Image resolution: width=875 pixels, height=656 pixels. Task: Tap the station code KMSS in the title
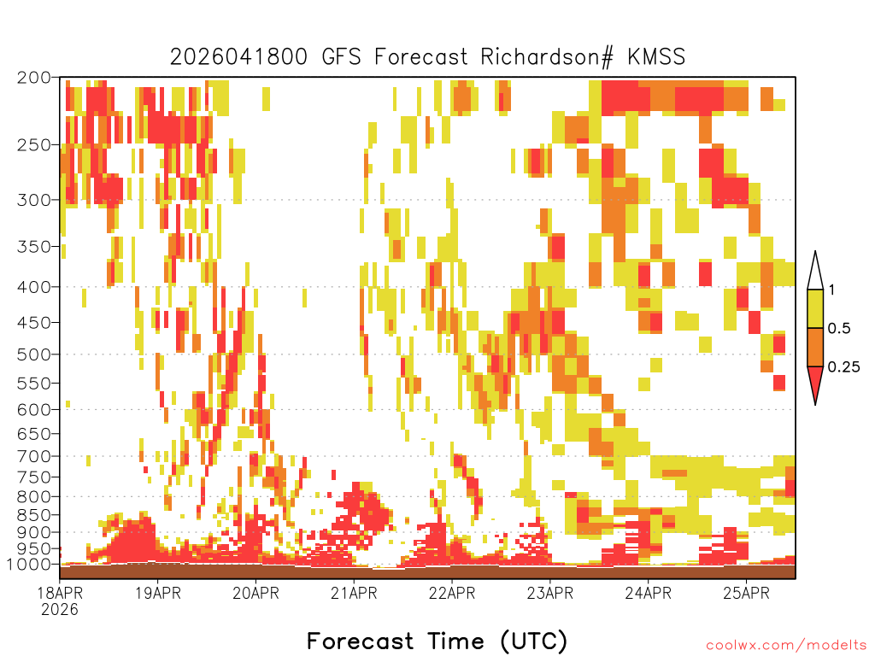[656, 57]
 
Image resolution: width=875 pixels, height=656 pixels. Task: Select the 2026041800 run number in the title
[238, 57]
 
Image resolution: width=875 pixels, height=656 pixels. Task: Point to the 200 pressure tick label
[33, 78]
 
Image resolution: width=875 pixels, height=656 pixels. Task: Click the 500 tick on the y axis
[33, 354]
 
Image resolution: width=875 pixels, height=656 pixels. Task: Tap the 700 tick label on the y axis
[33, 456]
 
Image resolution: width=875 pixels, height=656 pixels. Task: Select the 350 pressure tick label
[33, 246]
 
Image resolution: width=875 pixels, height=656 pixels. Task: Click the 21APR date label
[354, 593]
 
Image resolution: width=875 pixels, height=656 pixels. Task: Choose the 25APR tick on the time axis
[746, 593]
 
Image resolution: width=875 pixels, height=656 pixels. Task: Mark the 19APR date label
[158, 593]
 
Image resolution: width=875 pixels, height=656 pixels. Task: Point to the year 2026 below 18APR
[60, 610]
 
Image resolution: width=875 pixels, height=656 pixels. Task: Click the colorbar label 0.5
[839, 328]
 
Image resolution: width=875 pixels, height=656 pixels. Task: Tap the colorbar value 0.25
[843, 366]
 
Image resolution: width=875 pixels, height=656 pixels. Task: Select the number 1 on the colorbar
[831, 290]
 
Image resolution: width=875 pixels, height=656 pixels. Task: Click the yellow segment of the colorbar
[815, 308]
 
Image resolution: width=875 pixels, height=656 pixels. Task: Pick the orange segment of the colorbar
[815, 347]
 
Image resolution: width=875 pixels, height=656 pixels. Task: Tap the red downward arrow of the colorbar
[815, 382]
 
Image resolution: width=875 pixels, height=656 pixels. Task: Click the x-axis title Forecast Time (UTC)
[437, 641]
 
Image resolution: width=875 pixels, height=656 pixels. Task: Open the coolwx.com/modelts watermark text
[786, 646]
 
